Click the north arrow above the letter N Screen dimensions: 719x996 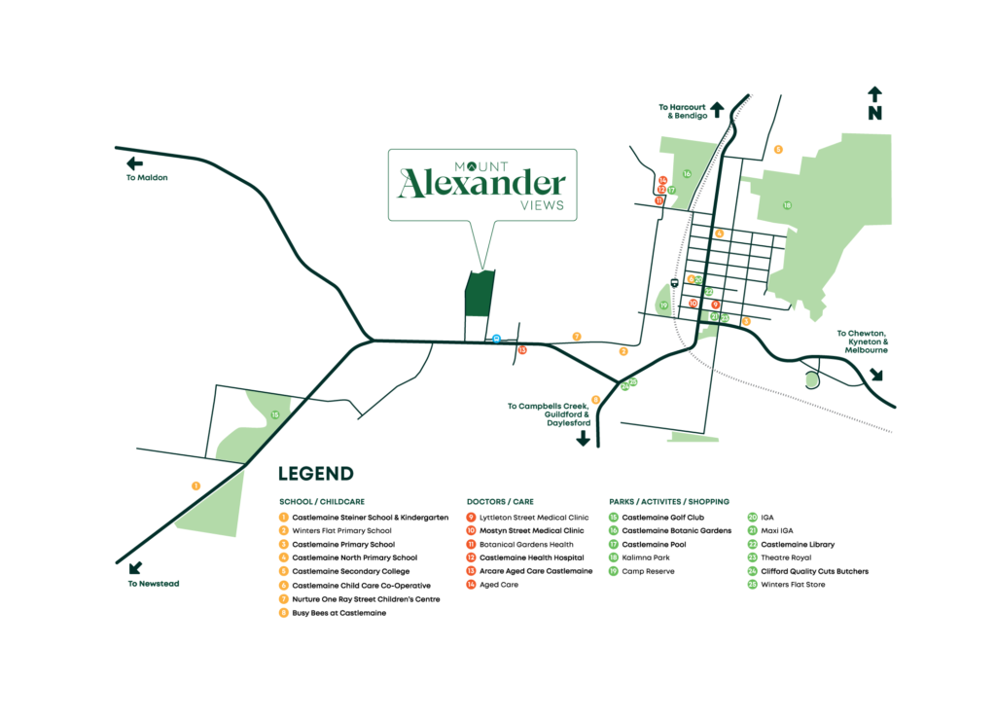pyautogui.click(x=874, y=94)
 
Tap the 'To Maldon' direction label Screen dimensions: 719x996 pyautogui.click(x=147, y=178)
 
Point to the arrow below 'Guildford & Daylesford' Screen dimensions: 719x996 pyautogui.click(x=584, y=438)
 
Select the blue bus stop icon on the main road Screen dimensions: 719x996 pyautogui.click(x=496, y=339)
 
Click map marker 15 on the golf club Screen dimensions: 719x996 pyautogui.click(x=275, y=415)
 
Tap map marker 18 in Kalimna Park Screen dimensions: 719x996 pyautogui.click(x=787, y=205)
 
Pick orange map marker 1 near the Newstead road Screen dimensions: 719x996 pyautogui.click(x=196, y=485)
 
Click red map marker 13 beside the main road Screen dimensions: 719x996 pyautogui.click(x=522, y=349)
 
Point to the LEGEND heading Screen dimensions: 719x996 pyautogui.click(x=315, y=475)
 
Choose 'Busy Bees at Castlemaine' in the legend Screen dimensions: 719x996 pyautogui.click(x=334, y=613)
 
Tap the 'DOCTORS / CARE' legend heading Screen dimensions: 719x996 pyautogui.click(x=500, y=502)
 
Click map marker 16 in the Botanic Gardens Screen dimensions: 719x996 pyautogui.click(x=686, y=174)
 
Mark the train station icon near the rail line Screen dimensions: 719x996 pyautogui.click(x=675, y=283)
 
